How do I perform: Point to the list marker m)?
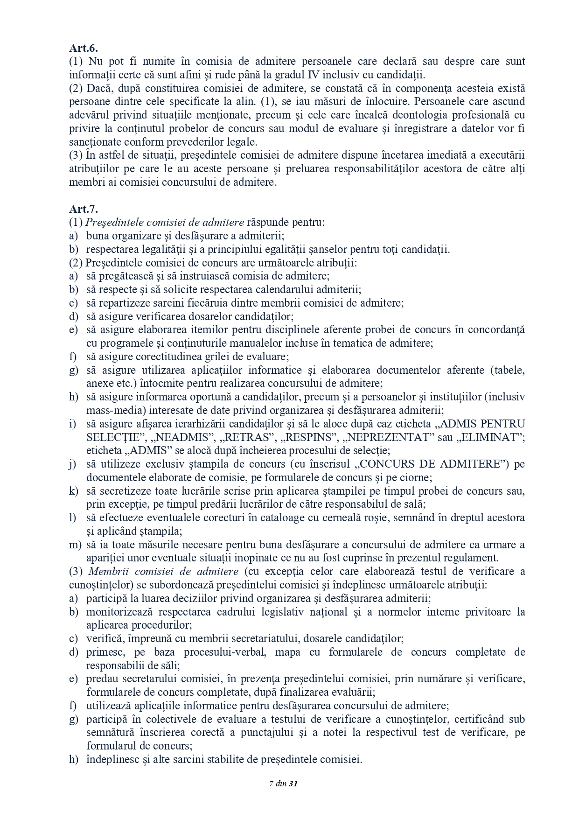pyautogui.click(x=75, y=545)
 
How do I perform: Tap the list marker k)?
pyautogui.click(x=74, y=491)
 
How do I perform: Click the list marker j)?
pyautogui.click(x=73, y=464)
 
